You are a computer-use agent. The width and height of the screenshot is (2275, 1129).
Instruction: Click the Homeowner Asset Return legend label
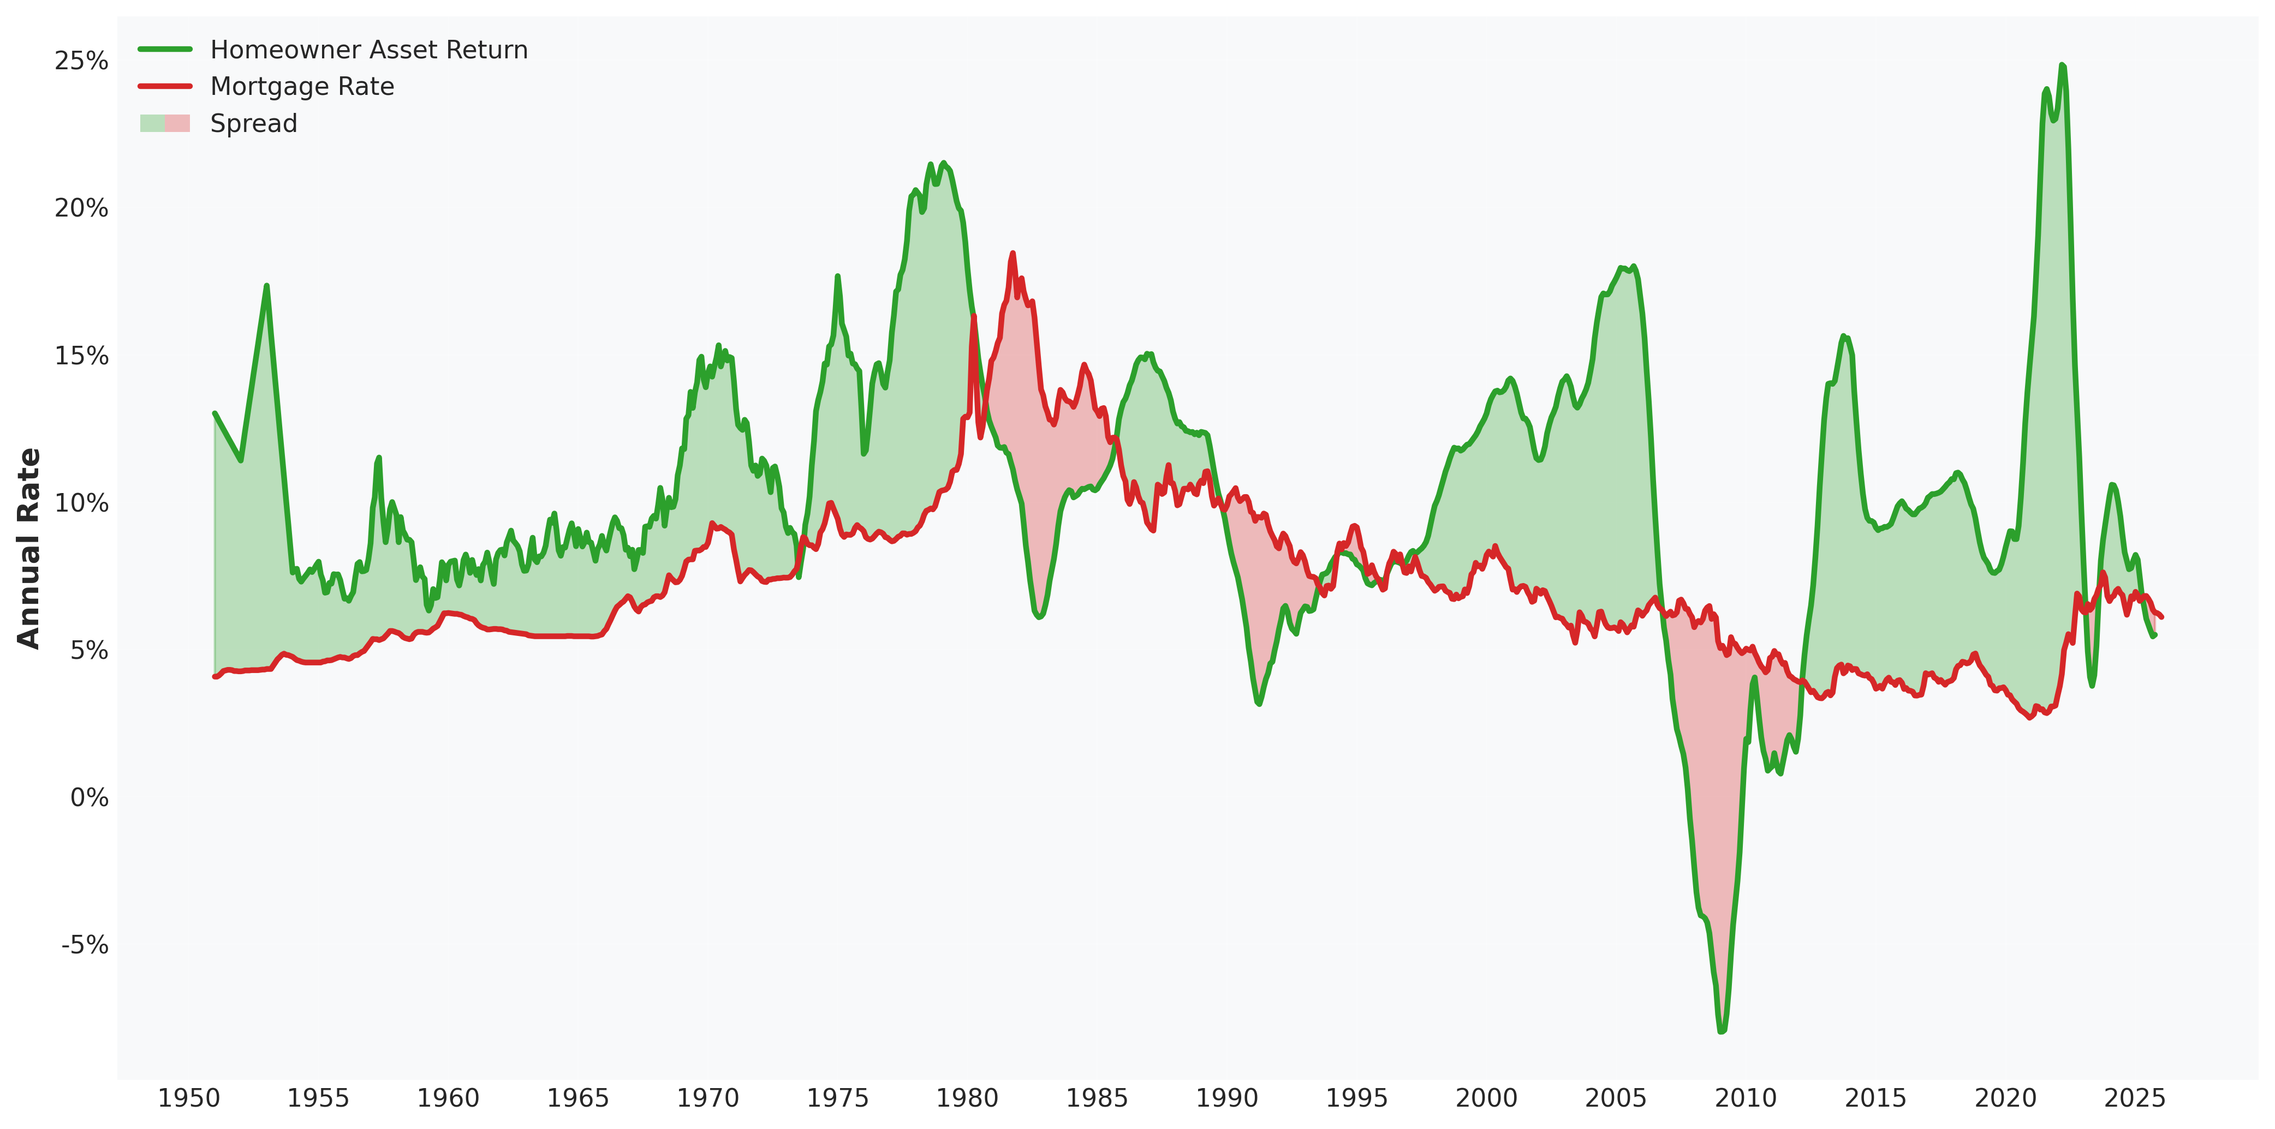368,50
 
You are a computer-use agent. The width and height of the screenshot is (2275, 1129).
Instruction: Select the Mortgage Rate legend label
302,87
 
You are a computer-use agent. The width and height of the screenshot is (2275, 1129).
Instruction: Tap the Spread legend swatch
164,124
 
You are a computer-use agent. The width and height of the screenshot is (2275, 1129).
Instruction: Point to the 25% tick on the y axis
81,61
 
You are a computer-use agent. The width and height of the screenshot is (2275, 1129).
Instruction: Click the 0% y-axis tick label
88,798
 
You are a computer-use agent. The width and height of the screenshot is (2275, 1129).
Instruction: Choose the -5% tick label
85,945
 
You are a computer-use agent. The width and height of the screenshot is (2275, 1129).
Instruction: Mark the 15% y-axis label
81,356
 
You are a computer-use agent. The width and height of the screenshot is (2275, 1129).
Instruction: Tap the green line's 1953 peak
266,285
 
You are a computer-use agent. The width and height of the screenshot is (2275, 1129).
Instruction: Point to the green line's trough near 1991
1259,704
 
